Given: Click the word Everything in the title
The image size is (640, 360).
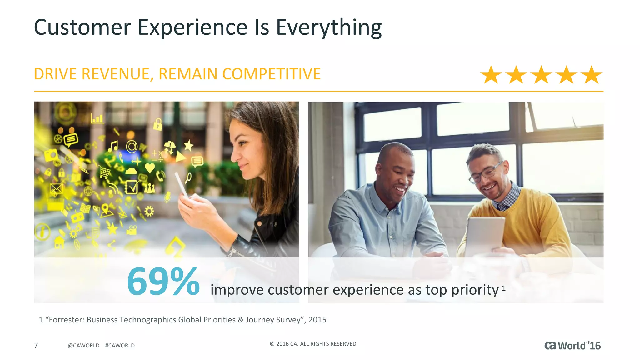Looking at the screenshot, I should pyautogui.click(x=329, y=27).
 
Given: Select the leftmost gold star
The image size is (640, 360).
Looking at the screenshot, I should pyautogui.click(x=491, y=75).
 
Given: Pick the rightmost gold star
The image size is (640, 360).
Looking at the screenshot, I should pyautogui.click(x=591, y=75).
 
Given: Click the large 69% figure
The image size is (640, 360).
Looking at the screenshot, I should pyautogui.click(x=163, y=282).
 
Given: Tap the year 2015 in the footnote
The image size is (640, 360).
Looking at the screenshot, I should pyautogui.click(x=317, y=320).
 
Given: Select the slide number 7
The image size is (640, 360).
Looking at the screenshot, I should pyautogui.click(x=36, y=345).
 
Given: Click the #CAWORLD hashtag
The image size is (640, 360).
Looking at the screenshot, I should pyautogui.click(x=120, y=346).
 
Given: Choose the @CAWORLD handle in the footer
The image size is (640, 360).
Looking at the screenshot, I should pyautogui.click(x=83, y=346).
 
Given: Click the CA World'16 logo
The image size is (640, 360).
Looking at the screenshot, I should pyautogui.click(x=572, y=346).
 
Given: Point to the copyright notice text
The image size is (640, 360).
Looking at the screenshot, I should pyautogui.click(x=313, y=344).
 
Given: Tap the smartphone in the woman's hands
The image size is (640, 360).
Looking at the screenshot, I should pyautogui.click(x=182, y=184).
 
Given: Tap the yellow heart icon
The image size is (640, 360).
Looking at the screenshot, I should pyautogui.click(x=150, y=168).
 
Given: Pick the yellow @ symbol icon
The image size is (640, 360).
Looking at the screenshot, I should pyautogui.click(x=132, y=146).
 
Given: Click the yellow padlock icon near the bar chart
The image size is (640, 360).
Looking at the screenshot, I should pyautogui.click(x=158, y=124).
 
